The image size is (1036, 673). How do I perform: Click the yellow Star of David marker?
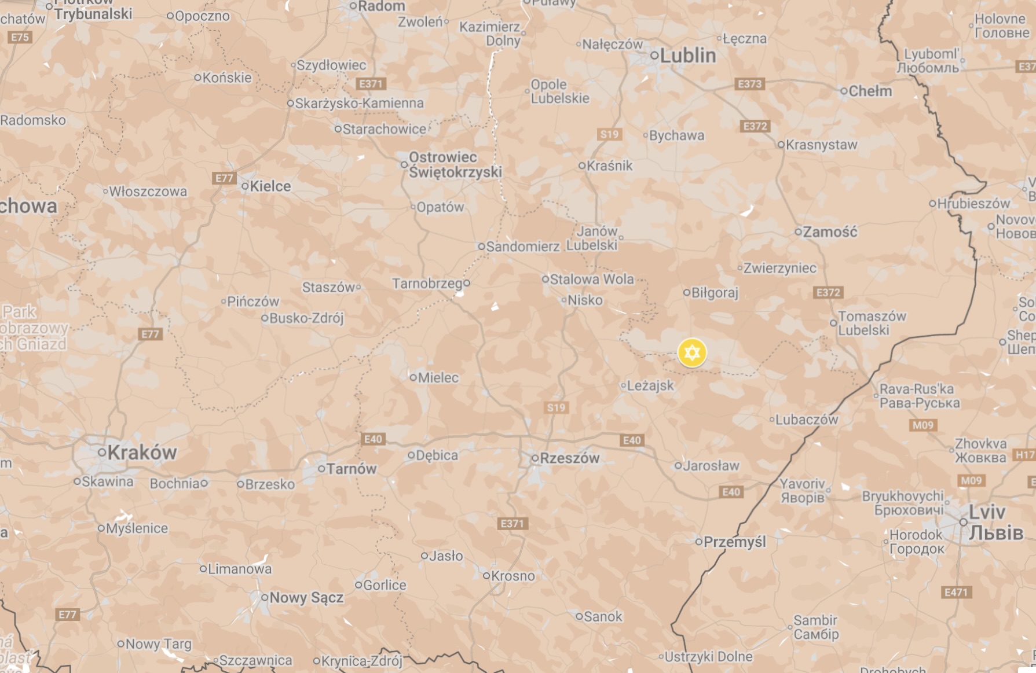click(692, 353)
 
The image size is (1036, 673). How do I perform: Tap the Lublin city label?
click(687, 56)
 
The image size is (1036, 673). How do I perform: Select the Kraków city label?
click(141, 453)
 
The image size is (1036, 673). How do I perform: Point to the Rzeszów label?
click(569, 458)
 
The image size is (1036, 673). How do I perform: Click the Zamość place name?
click(829, 232)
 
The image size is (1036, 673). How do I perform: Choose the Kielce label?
click(270, 186)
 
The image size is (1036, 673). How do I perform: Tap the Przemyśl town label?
click(734, 542)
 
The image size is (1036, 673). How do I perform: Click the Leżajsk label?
click(650, 385)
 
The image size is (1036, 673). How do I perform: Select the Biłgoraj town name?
click(715, 293)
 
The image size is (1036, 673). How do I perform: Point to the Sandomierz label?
click(522, 247)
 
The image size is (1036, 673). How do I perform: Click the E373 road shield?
click(750, 84)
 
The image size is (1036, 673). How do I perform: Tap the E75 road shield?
click(20, 38)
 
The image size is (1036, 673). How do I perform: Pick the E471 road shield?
click(956, 592)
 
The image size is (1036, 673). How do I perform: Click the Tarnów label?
click(351, 469)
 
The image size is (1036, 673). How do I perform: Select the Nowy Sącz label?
click(306, 597)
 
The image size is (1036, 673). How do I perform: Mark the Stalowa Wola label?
click(591, 280)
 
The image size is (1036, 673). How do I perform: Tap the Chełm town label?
click(870, 91)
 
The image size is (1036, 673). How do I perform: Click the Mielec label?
click(438, 378)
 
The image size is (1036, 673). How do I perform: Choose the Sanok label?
click(602, 616)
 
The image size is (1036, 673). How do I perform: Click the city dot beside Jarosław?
click(678, 465)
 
